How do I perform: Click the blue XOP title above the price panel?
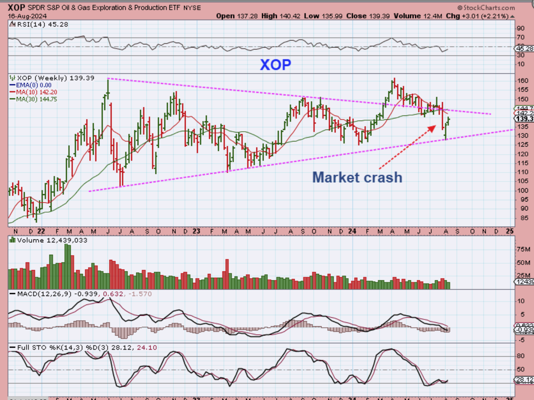[x=276, y=64]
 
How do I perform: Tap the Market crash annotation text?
[x=357, y=177]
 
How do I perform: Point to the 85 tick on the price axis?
[x=520, y=218]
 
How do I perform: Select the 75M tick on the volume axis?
[x=522, y=249]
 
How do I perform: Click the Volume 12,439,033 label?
[x=52, y=240]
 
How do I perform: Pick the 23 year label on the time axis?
[x=196, y=231]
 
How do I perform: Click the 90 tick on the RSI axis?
[x=520, y=29]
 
